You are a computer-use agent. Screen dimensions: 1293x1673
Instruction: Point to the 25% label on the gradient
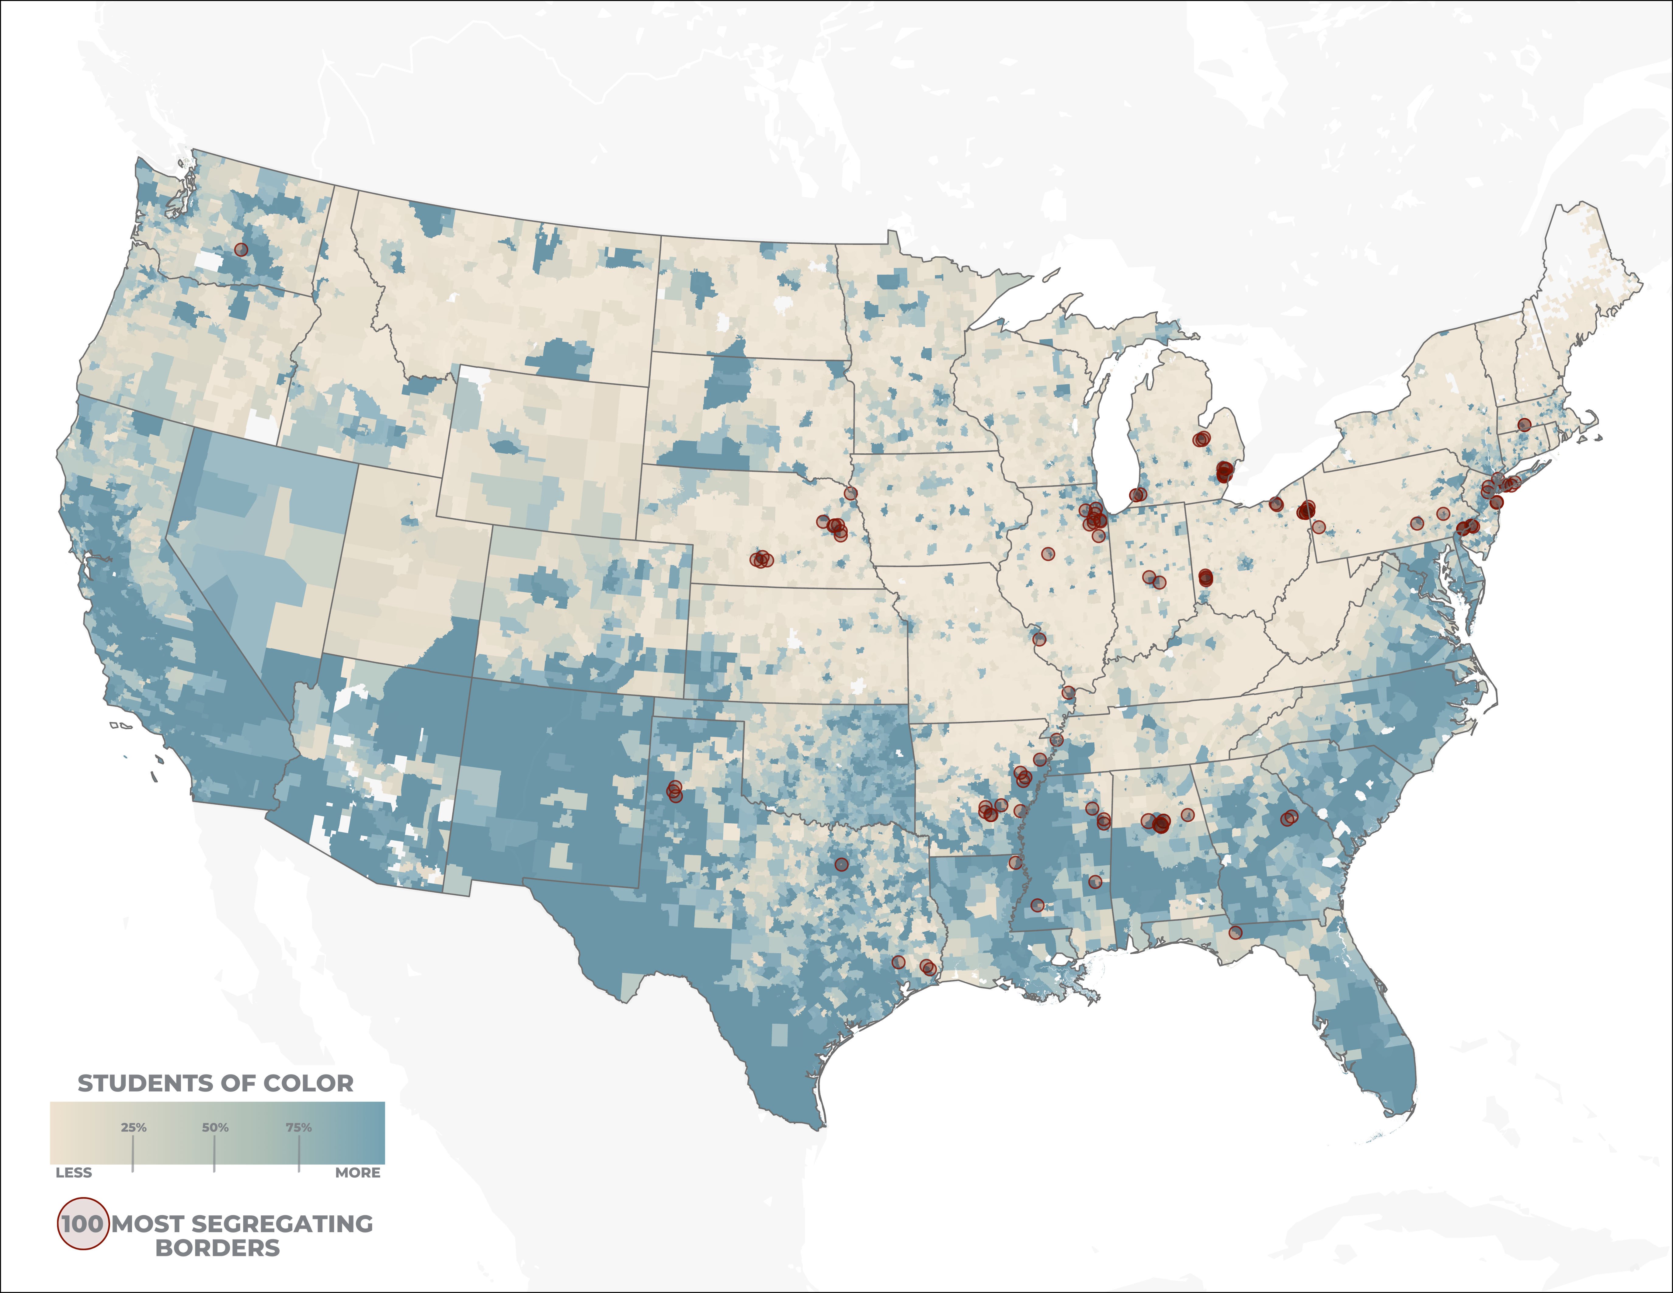click(x=133, y=1127)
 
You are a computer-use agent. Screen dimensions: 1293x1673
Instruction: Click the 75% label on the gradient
click(x=299, y=1127)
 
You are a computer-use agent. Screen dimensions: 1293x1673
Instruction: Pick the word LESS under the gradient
click(x=74, y=1173)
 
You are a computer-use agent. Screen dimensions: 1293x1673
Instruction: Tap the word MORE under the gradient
click(x=358, y=1173)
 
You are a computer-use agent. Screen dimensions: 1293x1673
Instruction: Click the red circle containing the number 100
click(x=83, y=1223)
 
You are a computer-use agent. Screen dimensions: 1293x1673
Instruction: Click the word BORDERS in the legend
click(x=217, y=1249)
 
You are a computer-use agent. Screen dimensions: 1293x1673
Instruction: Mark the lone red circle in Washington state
click(x=241, y=250)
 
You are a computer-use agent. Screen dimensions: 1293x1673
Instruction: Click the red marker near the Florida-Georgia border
click(x=1235, y=932)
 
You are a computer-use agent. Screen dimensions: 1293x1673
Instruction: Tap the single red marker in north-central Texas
click(x=842, y=864)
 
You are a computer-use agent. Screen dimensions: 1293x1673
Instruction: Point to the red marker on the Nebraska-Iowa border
click(x=850, y=493)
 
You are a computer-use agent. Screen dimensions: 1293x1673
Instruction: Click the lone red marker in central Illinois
click(x=1048, y=554)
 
